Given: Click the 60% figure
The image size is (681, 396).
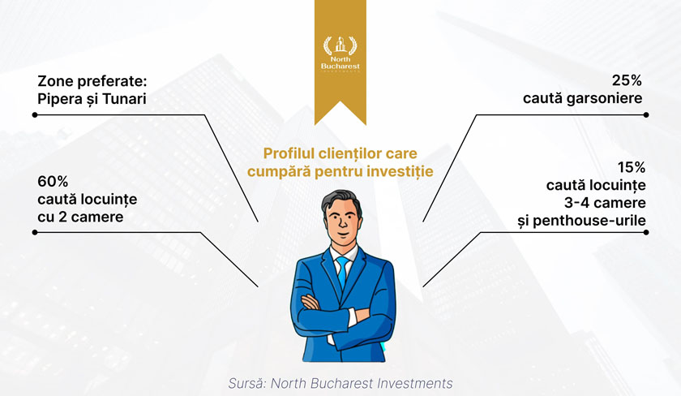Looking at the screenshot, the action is click(53, 181).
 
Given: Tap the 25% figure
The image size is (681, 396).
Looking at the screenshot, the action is click(627, 80).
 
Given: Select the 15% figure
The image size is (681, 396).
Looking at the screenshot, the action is click(632, 167).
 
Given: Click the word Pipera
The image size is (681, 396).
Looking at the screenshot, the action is click(59, 99).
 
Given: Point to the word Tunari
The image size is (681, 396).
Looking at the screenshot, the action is click(124, 99).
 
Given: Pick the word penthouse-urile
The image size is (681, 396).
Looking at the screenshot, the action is click(589, 221).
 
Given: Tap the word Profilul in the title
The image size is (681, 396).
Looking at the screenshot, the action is click(289, 153).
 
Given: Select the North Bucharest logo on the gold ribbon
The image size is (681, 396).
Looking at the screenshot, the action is click(340, 54).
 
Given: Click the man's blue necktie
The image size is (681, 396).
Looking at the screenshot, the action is click(343, 272).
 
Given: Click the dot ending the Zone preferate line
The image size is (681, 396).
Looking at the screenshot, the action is click(35, 114).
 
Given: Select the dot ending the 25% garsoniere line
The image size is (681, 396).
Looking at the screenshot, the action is click(646, 114).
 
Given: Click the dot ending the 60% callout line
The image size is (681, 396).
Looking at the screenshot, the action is click(35, 233).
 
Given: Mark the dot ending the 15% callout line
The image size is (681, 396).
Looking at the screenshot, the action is click(646, 233).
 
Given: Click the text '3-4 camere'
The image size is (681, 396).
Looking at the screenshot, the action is click(605, 203).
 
